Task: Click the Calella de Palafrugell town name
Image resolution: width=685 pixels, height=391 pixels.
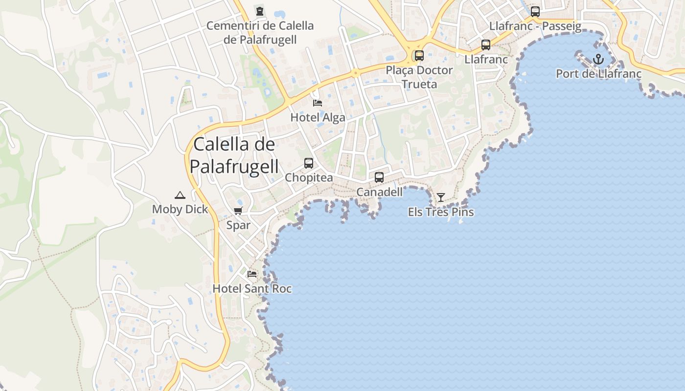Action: [x=234, y=155]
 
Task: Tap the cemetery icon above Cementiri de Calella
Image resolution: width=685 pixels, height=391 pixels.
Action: [x=260, y=11]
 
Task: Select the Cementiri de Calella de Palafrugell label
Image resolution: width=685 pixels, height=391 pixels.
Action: [x=260, y=33]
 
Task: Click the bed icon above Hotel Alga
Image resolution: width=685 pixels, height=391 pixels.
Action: [x=318, y=103]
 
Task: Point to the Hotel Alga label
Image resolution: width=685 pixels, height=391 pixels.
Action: [x=318, y=117]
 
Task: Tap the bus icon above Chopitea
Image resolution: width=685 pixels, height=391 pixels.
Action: [x=309, y=163]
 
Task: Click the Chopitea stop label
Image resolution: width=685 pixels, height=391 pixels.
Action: [x=309, y=177]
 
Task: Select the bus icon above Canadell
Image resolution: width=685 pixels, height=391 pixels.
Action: [x=379, y=177]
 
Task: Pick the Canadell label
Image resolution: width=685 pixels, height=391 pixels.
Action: [x=379, y=192]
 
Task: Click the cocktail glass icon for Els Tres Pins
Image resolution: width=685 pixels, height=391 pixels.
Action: [x=441, y=197]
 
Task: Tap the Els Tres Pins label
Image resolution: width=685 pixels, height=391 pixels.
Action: [x=441, y=212]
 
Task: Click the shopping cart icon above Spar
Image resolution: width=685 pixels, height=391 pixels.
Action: [x=238, y=211]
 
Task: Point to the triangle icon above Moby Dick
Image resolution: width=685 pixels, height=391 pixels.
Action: [x=180, y=195]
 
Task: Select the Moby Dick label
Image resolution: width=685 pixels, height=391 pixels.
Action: [x=180, y=209]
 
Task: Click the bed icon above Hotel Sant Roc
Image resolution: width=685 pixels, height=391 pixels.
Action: [x=252, y=274]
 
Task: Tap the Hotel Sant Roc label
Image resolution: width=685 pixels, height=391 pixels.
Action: [x=252, y=288]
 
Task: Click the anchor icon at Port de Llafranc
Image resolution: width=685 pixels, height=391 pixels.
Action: [x=598, y=60]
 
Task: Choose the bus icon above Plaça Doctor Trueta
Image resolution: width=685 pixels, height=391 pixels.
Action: [x=419, y=56]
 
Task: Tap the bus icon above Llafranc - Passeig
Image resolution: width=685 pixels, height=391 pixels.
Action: [x=535, y=12]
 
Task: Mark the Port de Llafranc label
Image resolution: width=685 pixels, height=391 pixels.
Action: [x=598, y=74]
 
